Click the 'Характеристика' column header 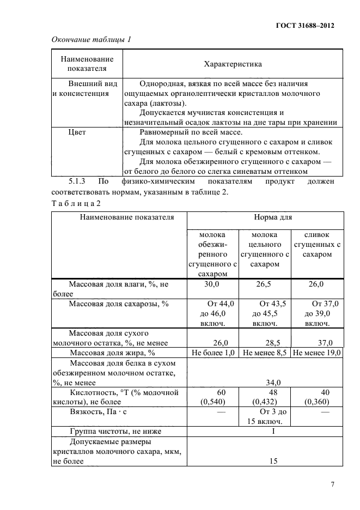(233, 64)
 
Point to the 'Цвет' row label (77, 132)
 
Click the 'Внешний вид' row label (85, 84)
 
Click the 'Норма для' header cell (265, 217)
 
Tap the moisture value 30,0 (212, 284)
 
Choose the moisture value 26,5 (264, 284)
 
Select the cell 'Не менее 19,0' (316, 353)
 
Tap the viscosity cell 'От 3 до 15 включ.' (265, 417)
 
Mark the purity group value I (264, 432)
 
